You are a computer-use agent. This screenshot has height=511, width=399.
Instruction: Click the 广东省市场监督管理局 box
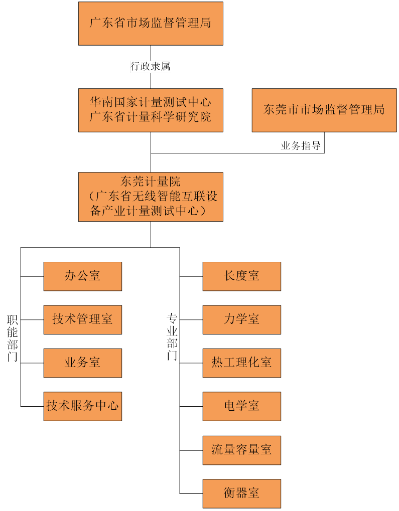(x=151, y=23)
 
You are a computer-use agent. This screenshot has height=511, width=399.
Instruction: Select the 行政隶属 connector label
(x=151, y=66)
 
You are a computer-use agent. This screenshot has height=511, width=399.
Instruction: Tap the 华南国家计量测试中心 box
(x=151, y=110)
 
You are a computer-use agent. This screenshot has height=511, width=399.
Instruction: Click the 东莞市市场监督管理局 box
(x=324, y=110)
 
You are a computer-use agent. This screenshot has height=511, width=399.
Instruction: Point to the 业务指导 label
(x=301, y=146)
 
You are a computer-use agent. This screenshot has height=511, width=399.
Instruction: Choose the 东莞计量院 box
(x=151, y=196)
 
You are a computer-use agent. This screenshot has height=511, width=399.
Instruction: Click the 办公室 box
(x=82, y=276)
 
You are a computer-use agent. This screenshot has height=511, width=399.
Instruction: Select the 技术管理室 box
(x=82, y=319)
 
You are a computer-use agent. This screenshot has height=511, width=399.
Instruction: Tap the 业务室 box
(x=82, y=363)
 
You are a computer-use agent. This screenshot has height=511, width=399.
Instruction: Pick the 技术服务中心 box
(x=82, y=406)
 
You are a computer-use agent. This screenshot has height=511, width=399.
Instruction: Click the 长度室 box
(x=241, y=276)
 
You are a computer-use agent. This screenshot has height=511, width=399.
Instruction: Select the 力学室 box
(x=241, y=319)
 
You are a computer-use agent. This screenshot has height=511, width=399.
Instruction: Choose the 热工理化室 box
(x=241, y=363)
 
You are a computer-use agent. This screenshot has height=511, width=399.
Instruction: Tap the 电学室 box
(x=241, y=406)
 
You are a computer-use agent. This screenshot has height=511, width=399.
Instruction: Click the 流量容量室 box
(x=241, y=450)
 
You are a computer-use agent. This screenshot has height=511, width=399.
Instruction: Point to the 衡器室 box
(x=241, y=493)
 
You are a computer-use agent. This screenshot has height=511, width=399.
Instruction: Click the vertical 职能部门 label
(x=13, y=338)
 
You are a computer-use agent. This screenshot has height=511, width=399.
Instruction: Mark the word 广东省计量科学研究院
(x=151, y=117)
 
